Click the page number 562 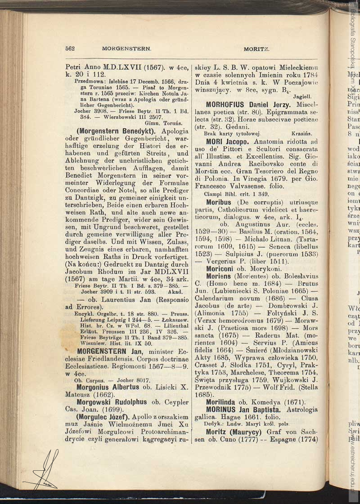(70, 48)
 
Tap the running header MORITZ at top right (256, 48)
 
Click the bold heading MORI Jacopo (227, 141)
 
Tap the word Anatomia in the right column (267, 141)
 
